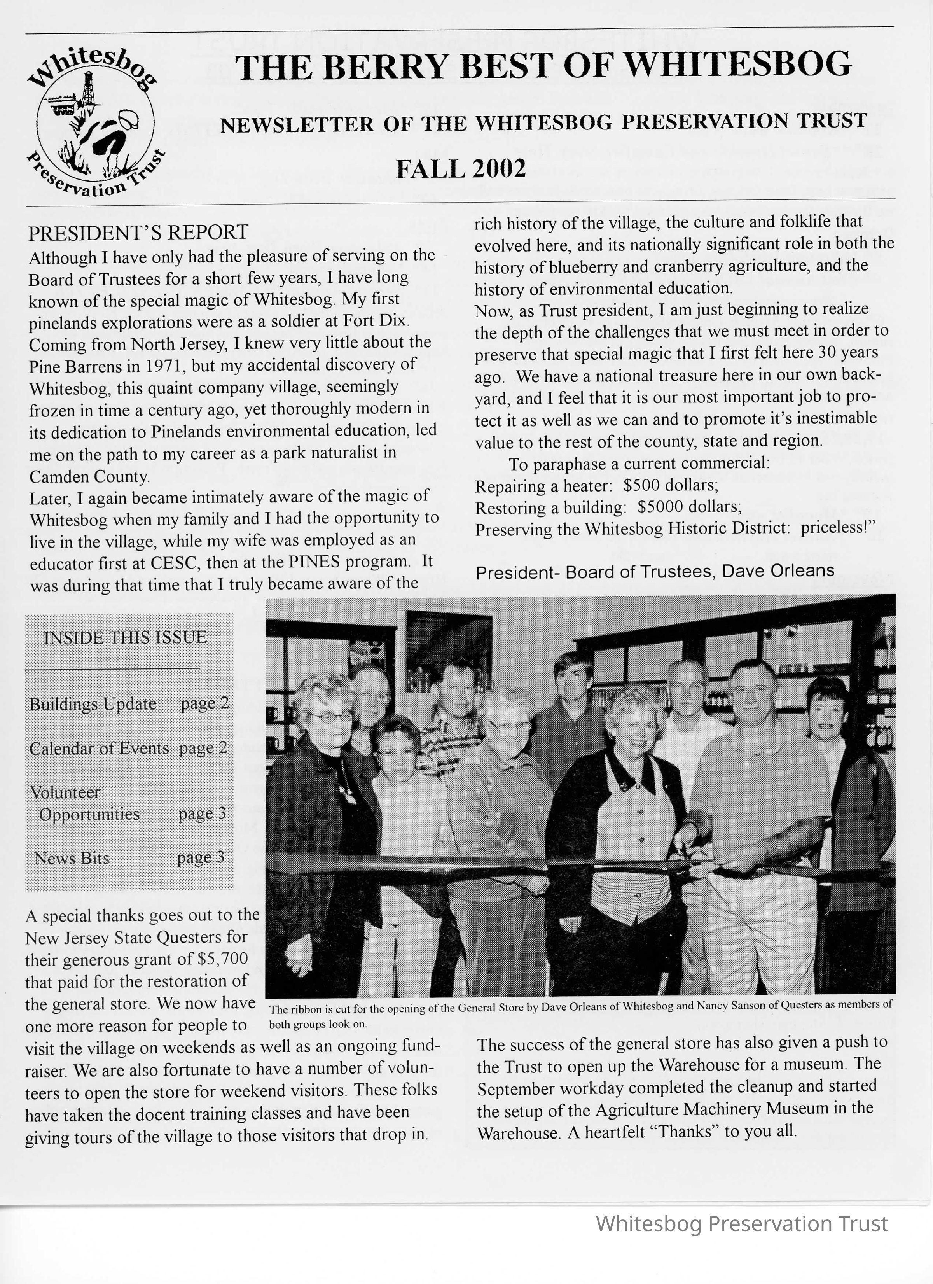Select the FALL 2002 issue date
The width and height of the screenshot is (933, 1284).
coord(460,169)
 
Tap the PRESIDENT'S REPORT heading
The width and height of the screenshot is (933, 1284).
coord(138,232)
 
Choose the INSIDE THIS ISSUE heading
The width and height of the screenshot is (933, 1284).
coord(125,637)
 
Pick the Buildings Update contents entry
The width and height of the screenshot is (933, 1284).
coord(93,704)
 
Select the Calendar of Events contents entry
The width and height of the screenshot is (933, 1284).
coord(99,749)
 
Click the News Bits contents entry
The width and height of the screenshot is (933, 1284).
coord(72,858)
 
